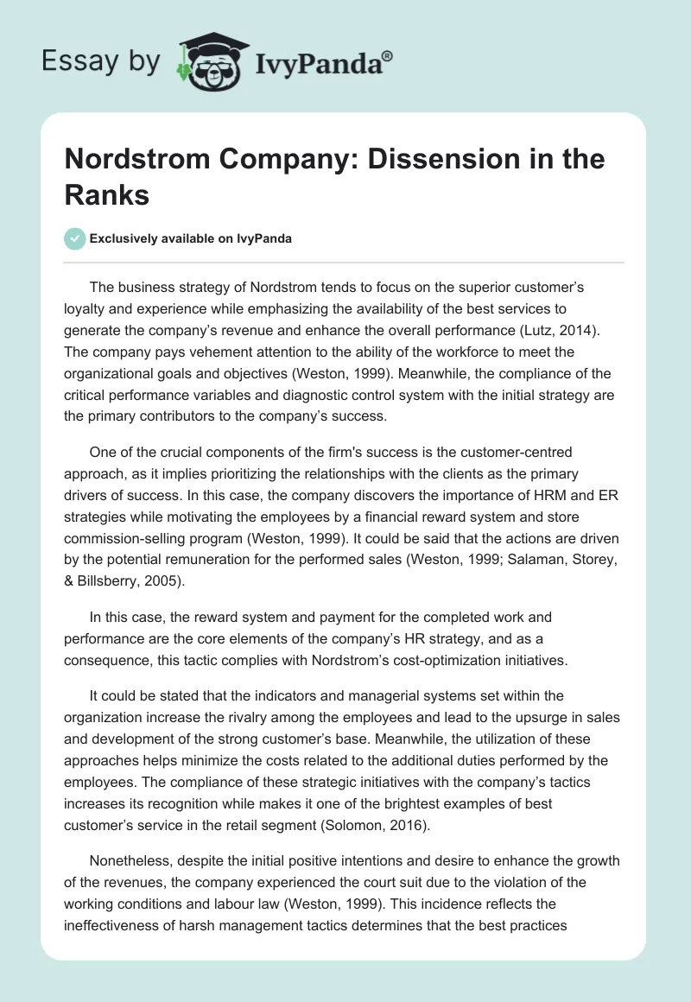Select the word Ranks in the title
(107, 194)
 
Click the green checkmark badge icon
(75, 238)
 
